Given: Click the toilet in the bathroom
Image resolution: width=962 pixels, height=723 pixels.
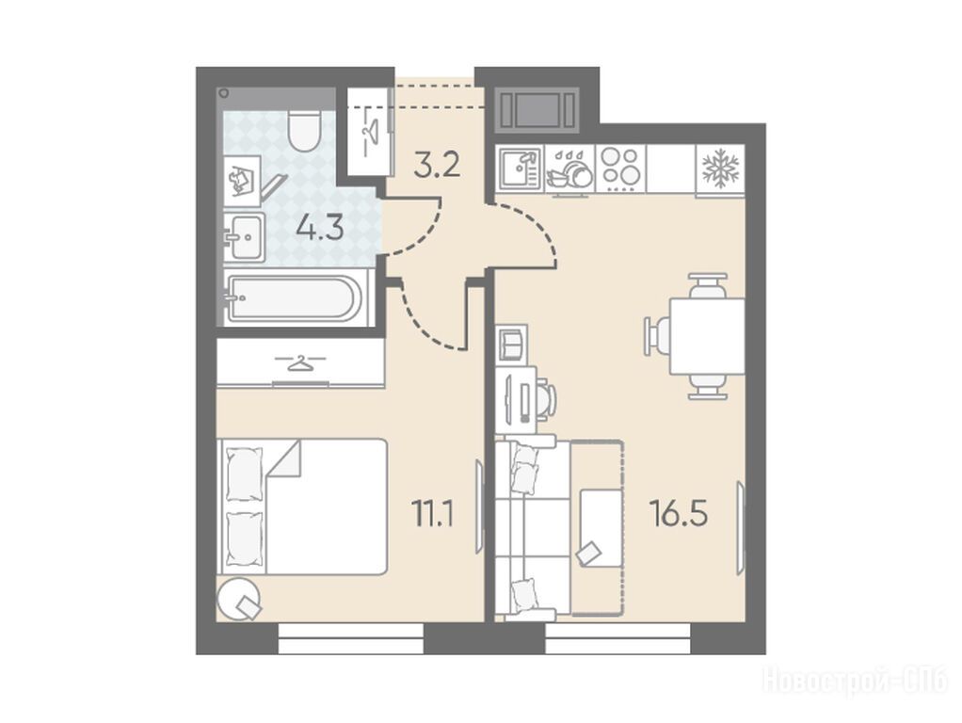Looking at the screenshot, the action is tap(305, 130).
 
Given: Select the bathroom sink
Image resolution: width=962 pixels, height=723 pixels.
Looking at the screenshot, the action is tap(244, 237).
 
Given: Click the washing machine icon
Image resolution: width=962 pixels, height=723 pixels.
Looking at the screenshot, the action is tap(242, 181).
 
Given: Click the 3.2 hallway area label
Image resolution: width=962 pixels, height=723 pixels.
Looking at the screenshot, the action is tap(437, 165).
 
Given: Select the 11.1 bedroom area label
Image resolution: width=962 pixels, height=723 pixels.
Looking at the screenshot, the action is tap(433, 514).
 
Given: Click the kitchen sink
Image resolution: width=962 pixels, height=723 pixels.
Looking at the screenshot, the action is tap(519, 169).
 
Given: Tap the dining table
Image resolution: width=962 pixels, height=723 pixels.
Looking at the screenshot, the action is tap(707, 336).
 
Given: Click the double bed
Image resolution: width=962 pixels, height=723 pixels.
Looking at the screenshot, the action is tap(302, 506).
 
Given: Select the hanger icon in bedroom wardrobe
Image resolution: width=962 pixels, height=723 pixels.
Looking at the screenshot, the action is tap(299, 362).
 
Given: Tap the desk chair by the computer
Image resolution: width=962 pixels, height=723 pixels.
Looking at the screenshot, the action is tap(546, 399).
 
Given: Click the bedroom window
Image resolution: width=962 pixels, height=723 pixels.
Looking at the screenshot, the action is tap(351, 638).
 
